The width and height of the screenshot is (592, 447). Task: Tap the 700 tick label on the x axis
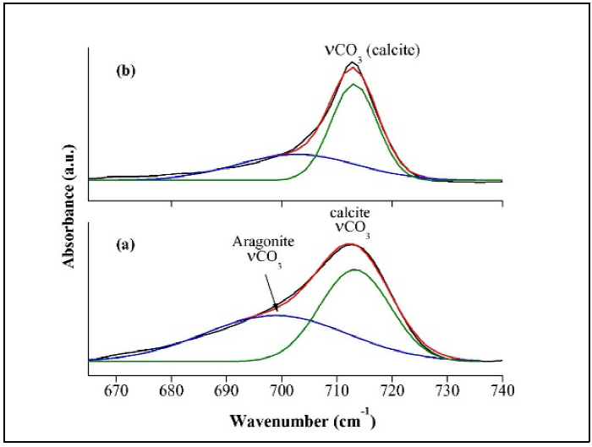click(x=282, y=390)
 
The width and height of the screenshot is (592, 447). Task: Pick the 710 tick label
click(x=337, y=390)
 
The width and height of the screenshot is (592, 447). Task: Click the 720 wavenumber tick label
click(x=392, y=390)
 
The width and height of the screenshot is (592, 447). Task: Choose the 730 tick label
click(x=447, y=390)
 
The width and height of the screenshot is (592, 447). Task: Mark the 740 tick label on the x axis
click(x=502, y=390)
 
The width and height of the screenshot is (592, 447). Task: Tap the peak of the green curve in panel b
click(x=354, y=84)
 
